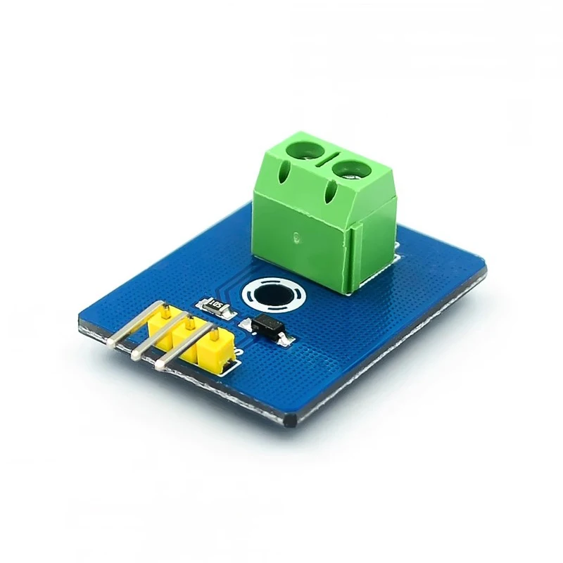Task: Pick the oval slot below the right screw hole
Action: pos(330,191)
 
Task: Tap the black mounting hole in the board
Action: pos(269,298)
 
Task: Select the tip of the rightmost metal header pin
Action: pos(160,365)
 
